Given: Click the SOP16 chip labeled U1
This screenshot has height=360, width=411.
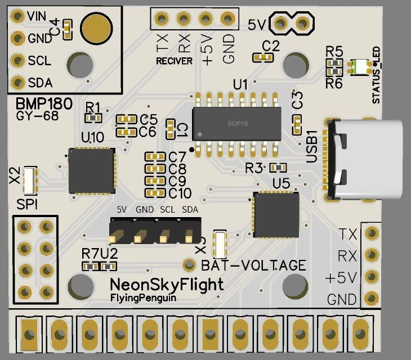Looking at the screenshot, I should (236, 124).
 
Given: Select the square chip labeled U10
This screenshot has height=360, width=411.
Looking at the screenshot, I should (92, 171).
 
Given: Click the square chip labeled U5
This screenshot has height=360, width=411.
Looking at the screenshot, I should (276, 214).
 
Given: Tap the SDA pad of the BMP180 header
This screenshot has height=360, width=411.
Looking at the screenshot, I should (17, 82).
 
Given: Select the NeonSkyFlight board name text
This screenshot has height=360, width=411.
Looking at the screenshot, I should (166, 284).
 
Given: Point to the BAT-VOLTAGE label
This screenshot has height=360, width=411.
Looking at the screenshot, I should (253, 265).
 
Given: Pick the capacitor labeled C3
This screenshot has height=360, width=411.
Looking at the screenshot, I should (296, 124).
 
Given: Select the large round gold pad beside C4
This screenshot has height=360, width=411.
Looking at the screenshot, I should (96, 26).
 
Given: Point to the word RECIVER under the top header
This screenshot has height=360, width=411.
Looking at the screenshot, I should (174, 61).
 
